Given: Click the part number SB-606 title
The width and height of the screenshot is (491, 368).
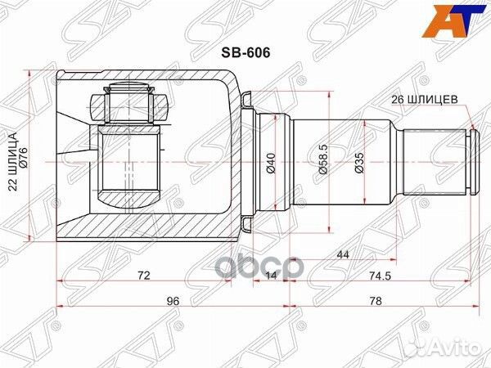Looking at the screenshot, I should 246,50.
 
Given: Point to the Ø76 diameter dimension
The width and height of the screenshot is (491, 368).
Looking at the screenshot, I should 24,155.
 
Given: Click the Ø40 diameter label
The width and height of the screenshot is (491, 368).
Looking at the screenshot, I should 271,164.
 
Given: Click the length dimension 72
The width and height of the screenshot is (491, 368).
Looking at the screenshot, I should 142,276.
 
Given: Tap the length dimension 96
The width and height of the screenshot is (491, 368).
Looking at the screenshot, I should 173,301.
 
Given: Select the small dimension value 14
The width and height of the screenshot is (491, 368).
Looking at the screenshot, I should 271,276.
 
